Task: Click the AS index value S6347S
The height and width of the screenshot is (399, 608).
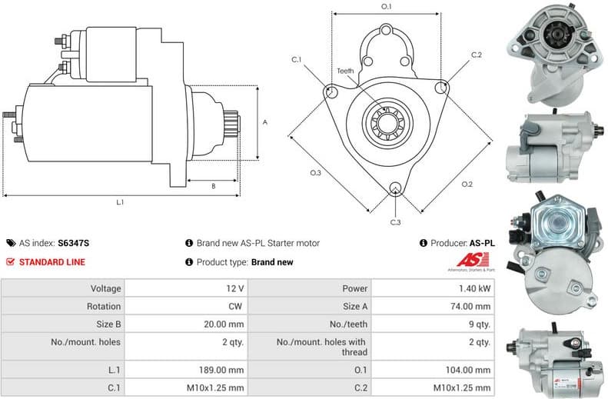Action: pyautogui.click(x=74, y=243)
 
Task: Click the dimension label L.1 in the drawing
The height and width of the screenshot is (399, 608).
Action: pyautogui.click(x=120, y=202)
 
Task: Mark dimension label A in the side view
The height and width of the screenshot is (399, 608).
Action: pyautogui.click(x=264, y=122)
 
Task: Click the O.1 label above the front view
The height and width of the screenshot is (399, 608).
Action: pyautogui.click(x=387, y=7)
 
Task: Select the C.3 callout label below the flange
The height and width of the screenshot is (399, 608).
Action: pyautogui.click(x=395, y=222)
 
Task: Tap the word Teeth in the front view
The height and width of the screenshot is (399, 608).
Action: pyautogui.click(x=345, y=71)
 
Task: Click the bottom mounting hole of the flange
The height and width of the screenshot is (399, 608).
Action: pyautogui.click(x=394, y=188)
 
